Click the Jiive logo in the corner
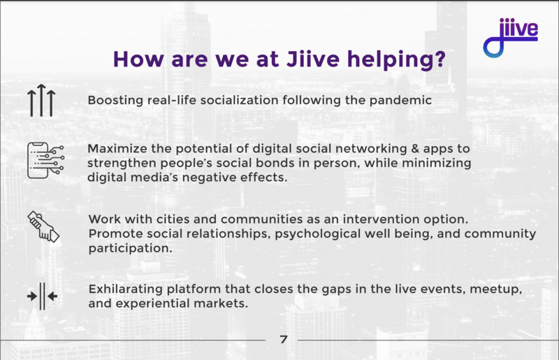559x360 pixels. (x=511, y=38)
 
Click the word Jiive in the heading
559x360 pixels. (x=313, y=59)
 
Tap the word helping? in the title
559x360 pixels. (x=396, y=59)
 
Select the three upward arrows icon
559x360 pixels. (x=41, y=100)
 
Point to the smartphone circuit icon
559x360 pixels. (x=45, y=160)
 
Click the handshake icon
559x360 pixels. (x=43, y=226)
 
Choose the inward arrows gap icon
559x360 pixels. (x=42, y=296)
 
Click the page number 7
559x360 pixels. (x=284, y=339)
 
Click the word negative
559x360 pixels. (x=210, y=178)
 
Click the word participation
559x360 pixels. (x=131, y=248)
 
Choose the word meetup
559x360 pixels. (x=496, y=289)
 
